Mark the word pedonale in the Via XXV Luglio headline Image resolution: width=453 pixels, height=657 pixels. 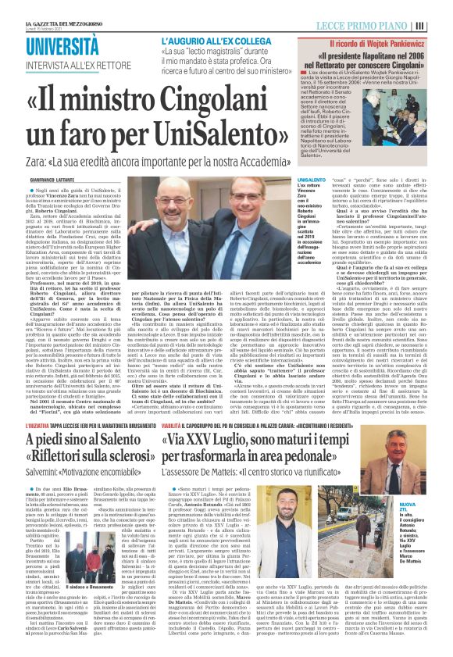click(x=372, y=462)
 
